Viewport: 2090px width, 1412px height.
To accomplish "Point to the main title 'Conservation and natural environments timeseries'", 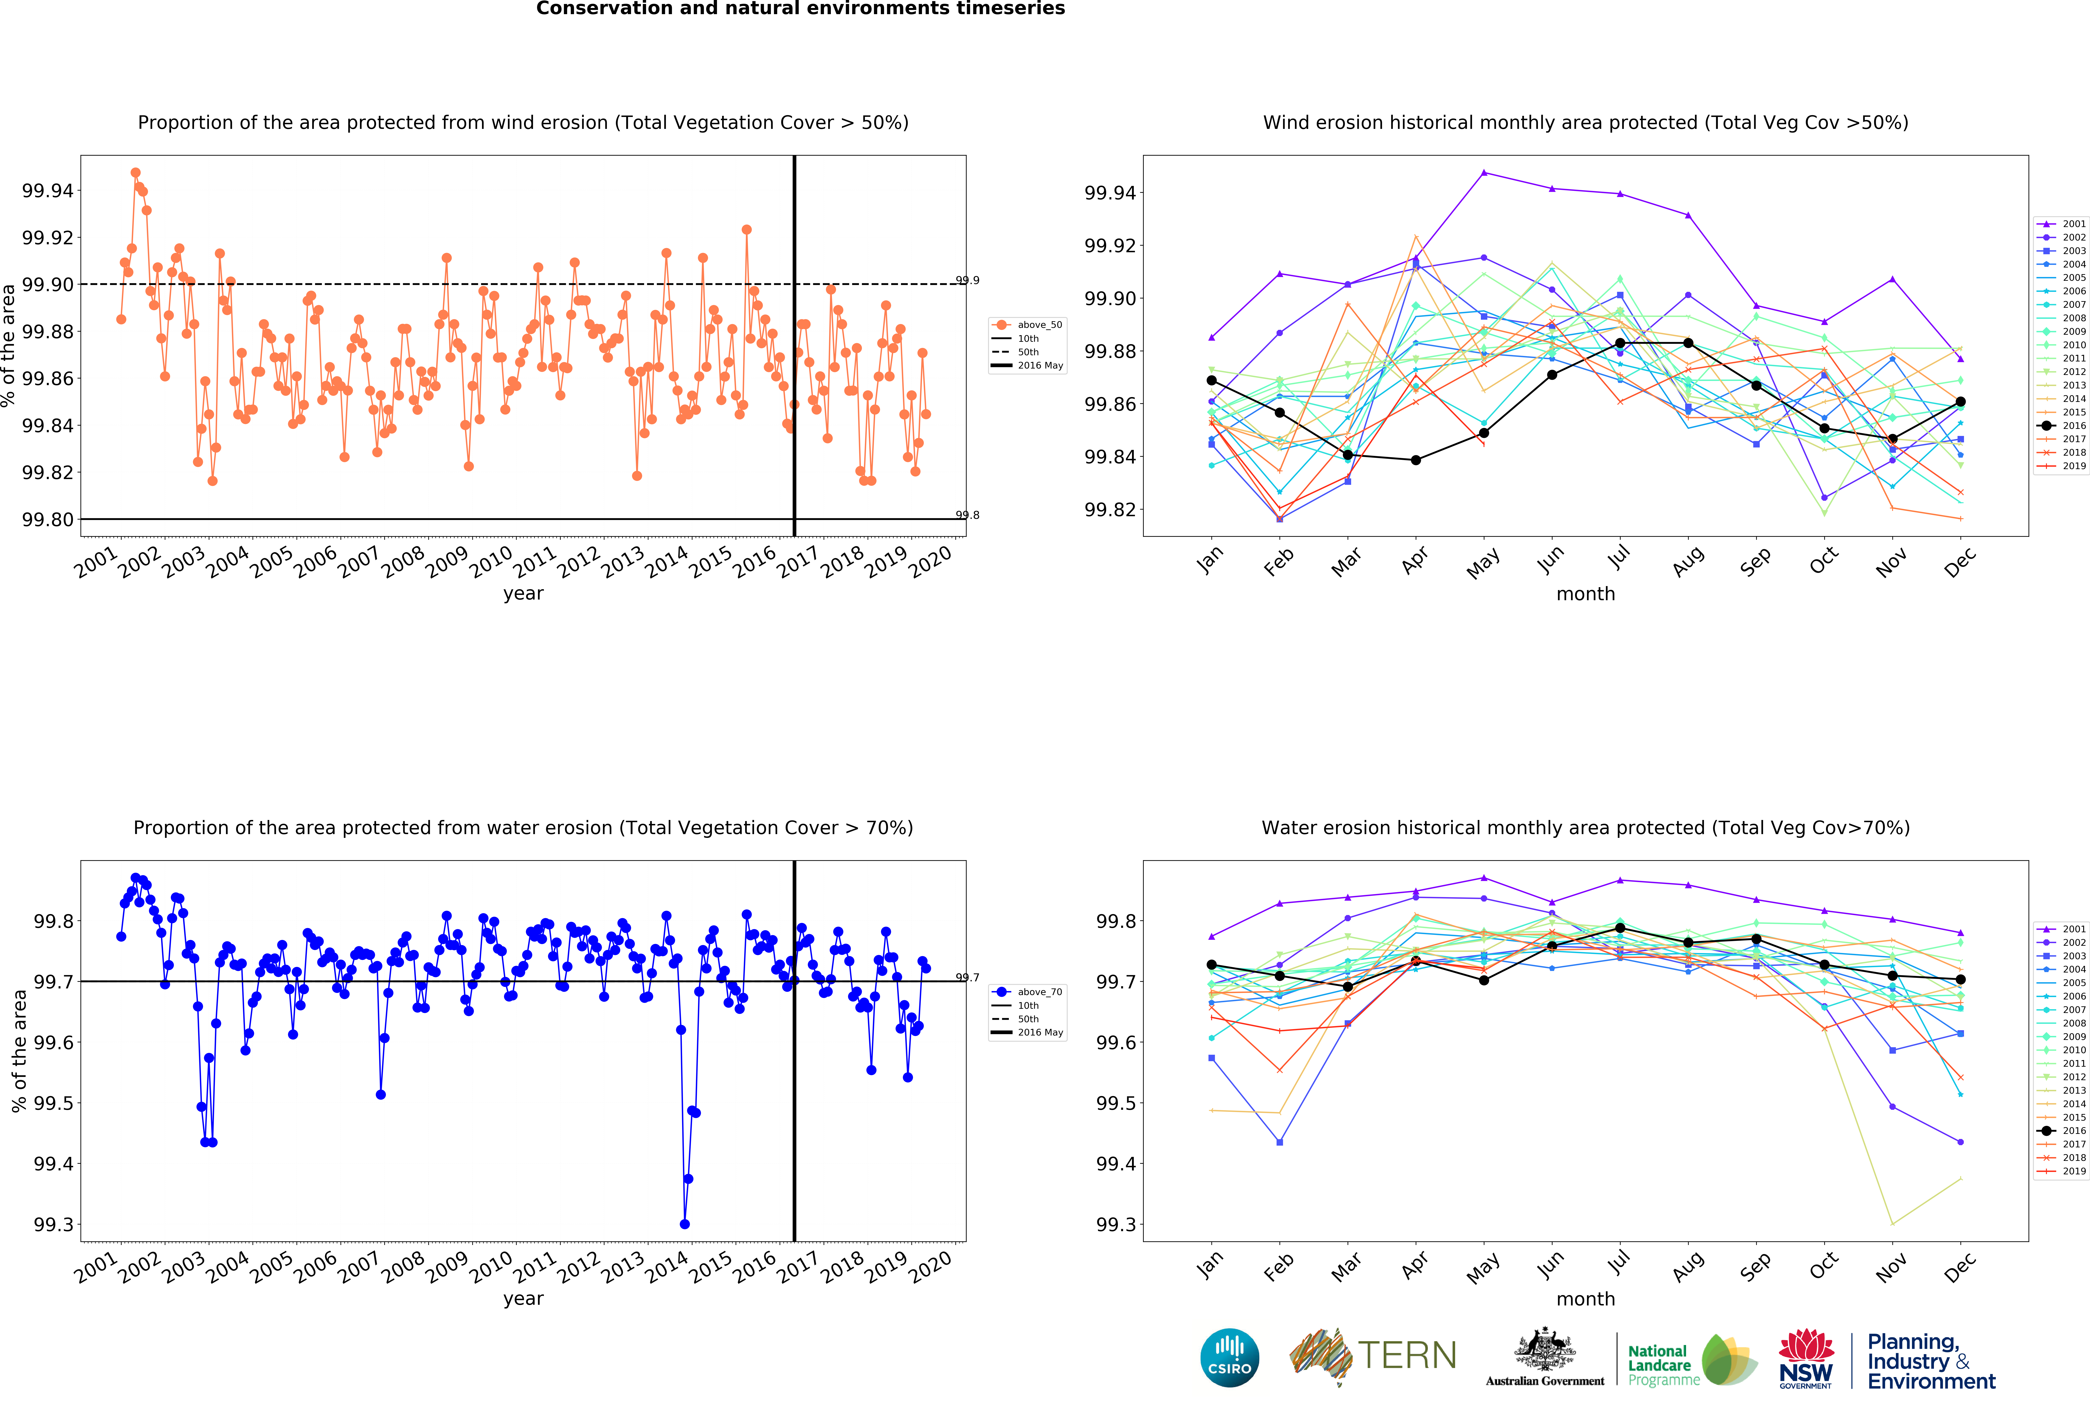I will pos(800,9).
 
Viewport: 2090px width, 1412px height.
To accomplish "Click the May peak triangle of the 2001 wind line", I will pos(1484,173).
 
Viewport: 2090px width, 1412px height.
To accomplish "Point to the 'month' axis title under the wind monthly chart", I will pos(1585,594).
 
